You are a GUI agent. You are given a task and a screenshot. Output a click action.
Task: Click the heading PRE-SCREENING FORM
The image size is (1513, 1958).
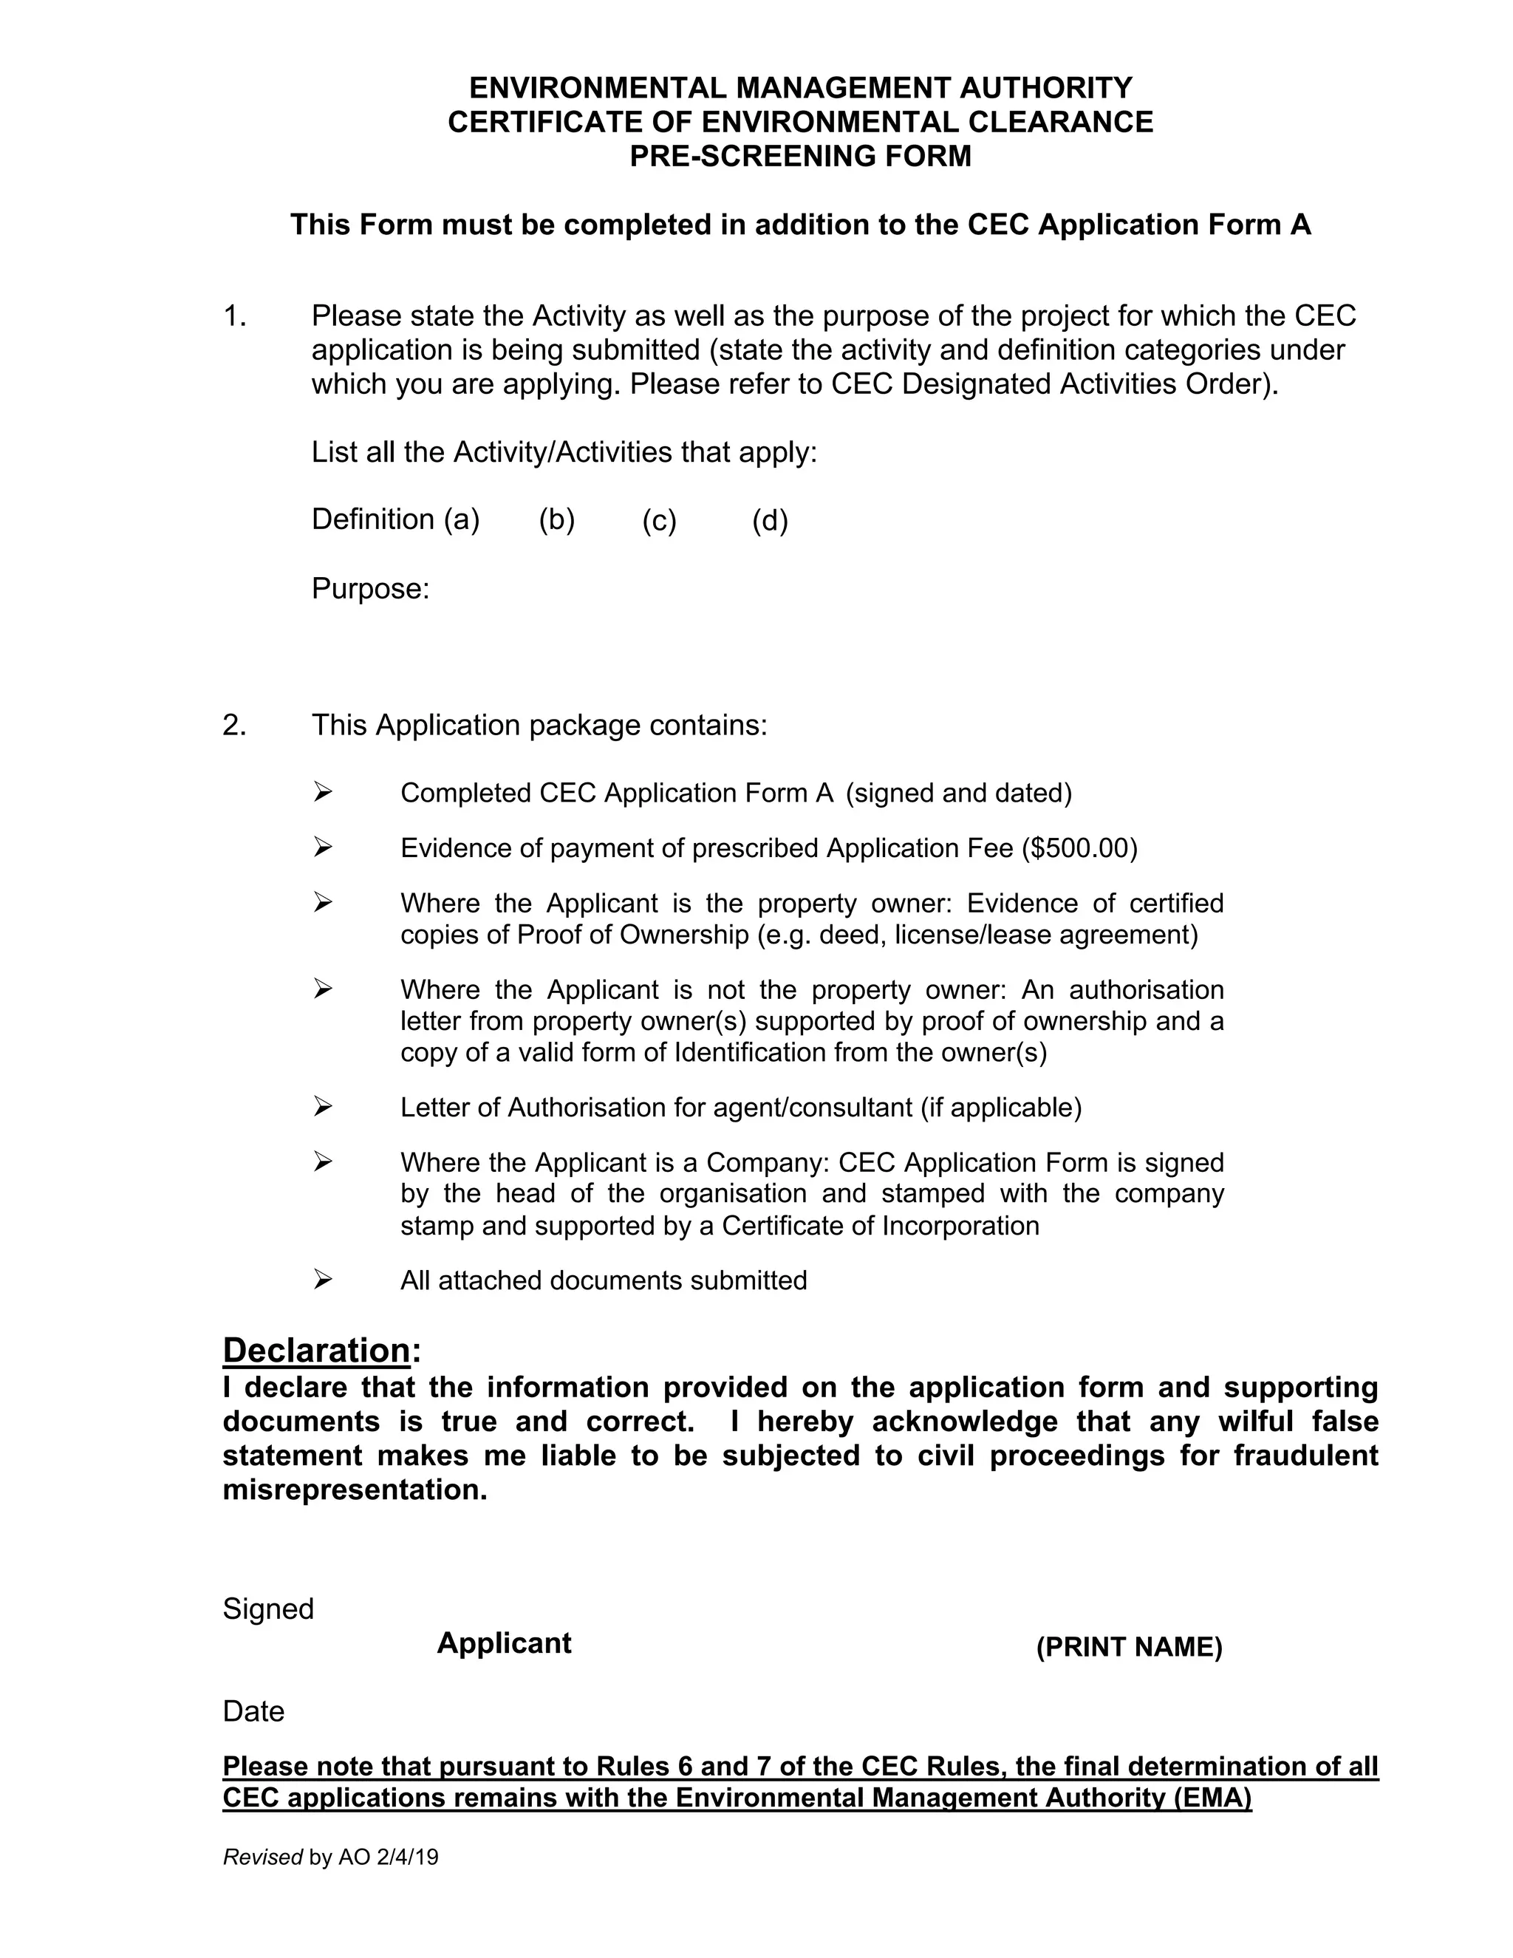coord(799,156)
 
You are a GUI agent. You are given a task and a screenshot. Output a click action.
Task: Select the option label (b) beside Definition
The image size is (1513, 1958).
coord(556,519)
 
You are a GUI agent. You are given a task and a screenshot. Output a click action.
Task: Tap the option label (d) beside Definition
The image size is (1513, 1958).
coord(769,520)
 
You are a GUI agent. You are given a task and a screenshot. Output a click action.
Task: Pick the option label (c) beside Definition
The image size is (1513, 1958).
coord(659,520)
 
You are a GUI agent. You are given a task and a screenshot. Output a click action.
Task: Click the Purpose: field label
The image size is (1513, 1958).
coord(370,589)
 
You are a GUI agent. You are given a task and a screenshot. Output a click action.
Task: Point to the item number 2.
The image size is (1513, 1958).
coord(234,724)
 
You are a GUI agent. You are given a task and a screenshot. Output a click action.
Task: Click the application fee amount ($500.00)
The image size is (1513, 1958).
coord(1079,848)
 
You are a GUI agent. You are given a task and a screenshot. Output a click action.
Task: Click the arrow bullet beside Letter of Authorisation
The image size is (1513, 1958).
coord(323,1108)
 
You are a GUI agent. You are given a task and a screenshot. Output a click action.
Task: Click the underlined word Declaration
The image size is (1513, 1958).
coord(315,1349)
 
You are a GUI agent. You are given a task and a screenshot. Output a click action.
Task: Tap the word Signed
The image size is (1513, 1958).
coord(268,1609)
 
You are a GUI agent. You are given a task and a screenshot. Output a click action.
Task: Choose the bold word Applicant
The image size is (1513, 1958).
coord(504,1643)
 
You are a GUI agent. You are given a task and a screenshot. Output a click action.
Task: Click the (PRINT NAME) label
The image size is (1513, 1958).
coord(1129,1647)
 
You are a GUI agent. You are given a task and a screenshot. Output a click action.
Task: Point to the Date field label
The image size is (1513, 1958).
coord(253,1711)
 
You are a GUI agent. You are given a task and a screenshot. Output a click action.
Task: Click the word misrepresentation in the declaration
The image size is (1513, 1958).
coord(354,1490)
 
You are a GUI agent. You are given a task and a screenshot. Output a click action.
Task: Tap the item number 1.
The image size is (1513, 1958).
coord(234,315)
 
